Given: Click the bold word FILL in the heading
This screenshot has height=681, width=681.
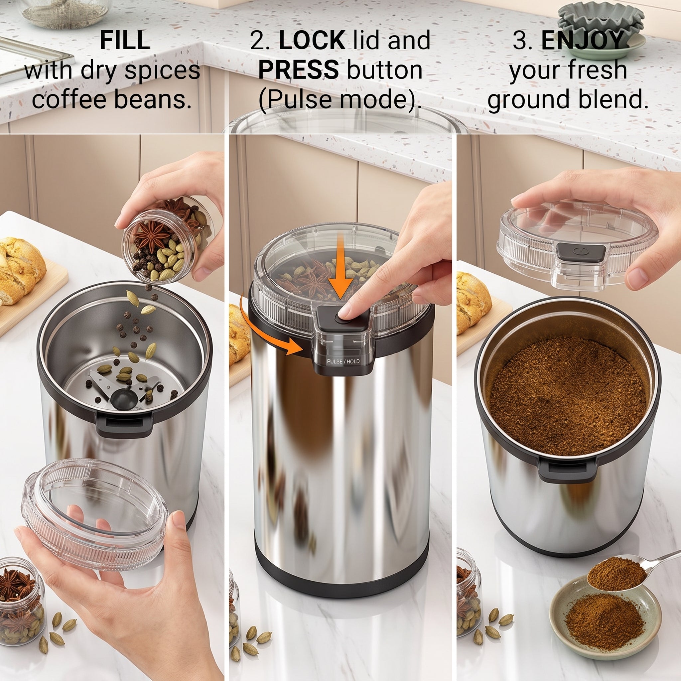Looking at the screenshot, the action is click(x=125, y=40).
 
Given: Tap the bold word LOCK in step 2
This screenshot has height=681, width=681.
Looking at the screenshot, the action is click(x=312, y=40).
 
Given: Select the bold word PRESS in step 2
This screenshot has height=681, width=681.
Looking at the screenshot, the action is click(x=299, y=70).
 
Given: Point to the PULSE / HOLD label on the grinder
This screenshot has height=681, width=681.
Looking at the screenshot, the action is click(x=343, y=362).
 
